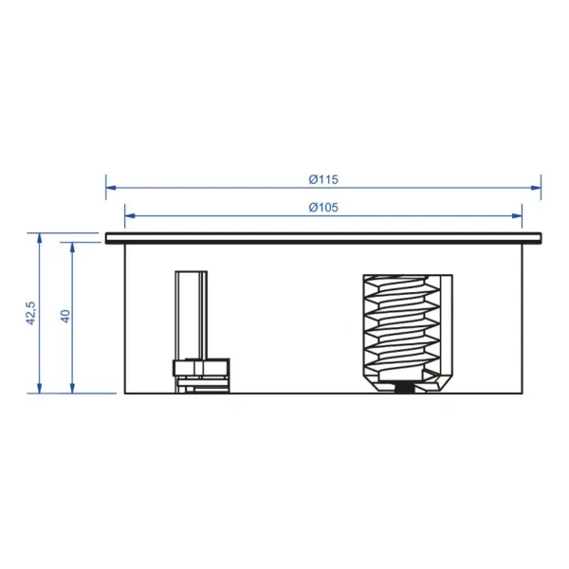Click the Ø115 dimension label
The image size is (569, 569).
coord(323,179)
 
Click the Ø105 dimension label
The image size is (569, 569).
coord(323,207)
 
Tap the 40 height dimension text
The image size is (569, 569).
coord(65,316)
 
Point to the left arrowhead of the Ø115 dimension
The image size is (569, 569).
coord(111,188)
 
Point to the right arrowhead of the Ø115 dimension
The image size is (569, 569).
coord(536,188)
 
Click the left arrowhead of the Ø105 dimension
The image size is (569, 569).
coord(130,216)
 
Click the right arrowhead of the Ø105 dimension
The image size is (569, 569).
coord(517,216)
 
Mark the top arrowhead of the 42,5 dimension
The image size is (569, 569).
coord(40,238)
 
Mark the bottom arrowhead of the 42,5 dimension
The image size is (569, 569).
coord(40,388)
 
